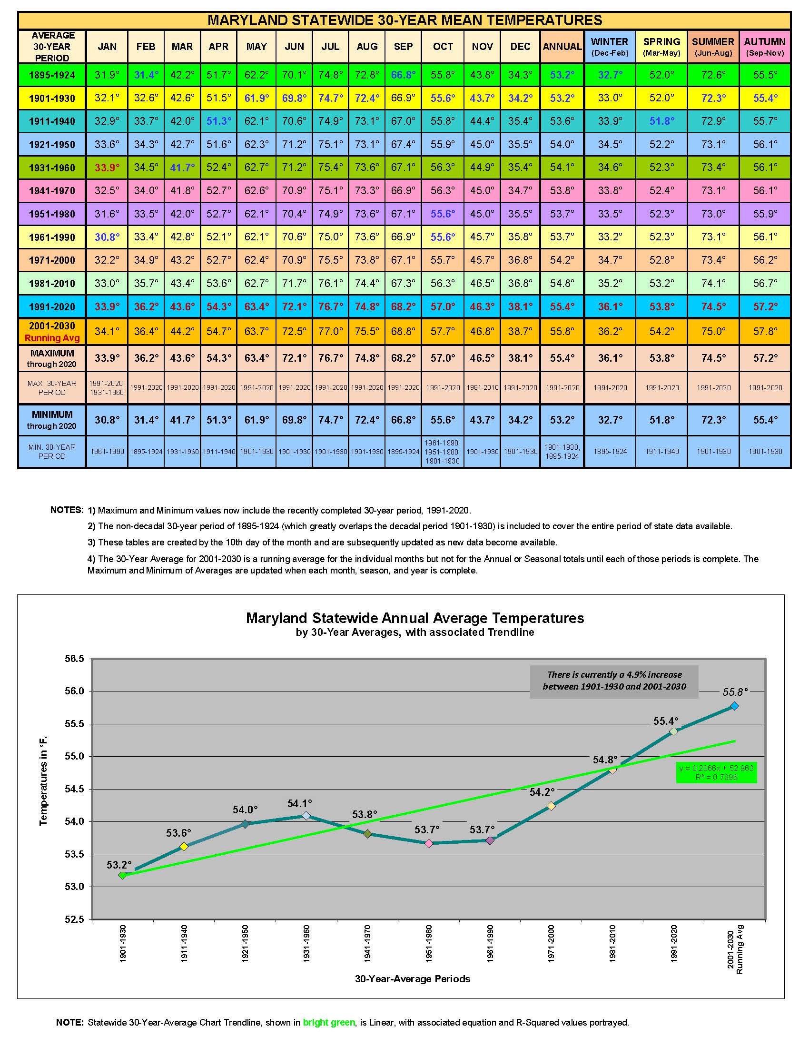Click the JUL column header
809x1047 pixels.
coord(330,47)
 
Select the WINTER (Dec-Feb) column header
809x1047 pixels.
coord(610,47)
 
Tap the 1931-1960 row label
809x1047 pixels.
coord(52,168)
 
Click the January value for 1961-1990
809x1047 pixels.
coord(107,237)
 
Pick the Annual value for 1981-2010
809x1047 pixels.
coord(562,283)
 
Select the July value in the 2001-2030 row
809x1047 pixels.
coord(330,331)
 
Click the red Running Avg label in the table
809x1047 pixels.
coord(52,338)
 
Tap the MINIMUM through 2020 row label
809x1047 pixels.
coord(52,420)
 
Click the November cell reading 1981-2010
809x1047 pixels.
coord(482,387)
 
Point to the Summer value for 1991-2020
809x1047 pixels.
coord(713,306)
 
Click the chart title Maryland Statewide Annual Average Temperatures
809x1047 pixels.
coord(414,617)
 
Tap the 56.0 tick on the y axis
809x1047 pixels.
coord(74,691)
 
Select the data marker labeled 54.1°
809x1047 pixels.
coord(306,815)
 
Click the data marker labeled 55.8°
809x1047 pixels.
coord(735,706)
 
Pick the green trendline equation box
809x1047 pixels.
coord(716,772)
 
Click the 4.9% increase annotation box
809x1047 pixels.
coord(614,681)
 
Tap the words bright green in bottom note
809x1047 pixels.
coord(329,1023)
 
